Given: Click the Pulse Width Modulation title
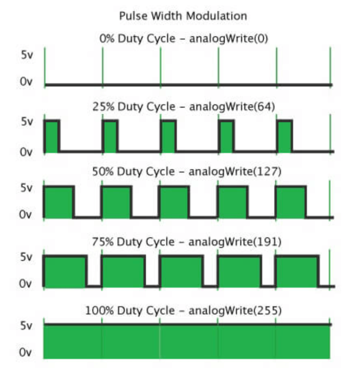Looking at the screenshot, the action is coord(183,16).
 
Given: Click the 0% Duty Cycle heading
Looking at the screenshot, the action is coord(137,38).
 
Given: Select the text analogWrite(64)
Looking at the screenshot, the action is coord(232,107).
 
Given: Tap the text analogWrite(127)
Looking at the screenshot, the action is coord(235,171).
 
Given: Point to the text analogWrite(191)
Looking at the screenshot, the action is coord(235,242).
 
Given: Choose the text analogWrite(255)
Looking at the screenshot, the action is coord(235,310).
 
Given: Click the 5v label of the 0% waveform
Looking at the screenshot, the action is coord(27,55).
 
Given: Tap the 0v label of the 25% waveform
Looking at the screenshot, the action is coord(26,152).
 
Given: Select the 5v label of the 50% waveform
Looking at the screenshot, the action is coord(26,188).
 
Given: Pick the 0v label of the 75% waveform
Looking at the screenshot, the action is coord(25,284).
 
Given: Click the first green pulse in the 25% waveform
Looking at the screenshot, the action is coord(52,136).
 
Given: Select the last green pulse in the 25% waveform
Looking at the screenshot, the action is coord(285,136).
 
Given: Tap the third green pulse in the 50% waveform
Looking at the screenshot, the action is coord(174,202).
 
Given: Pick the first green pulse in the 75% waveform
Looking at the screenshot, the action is coord(65,271).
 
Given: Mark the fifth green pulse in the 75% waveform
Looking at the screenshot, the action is coord(297,271).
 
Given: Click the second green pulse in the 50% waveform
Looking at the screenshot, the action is coord(116,202).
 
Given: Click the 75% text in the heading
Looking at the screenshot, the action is coord(103,242).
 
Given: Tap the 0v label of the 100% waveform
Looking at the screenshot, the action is coord(25,353).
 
